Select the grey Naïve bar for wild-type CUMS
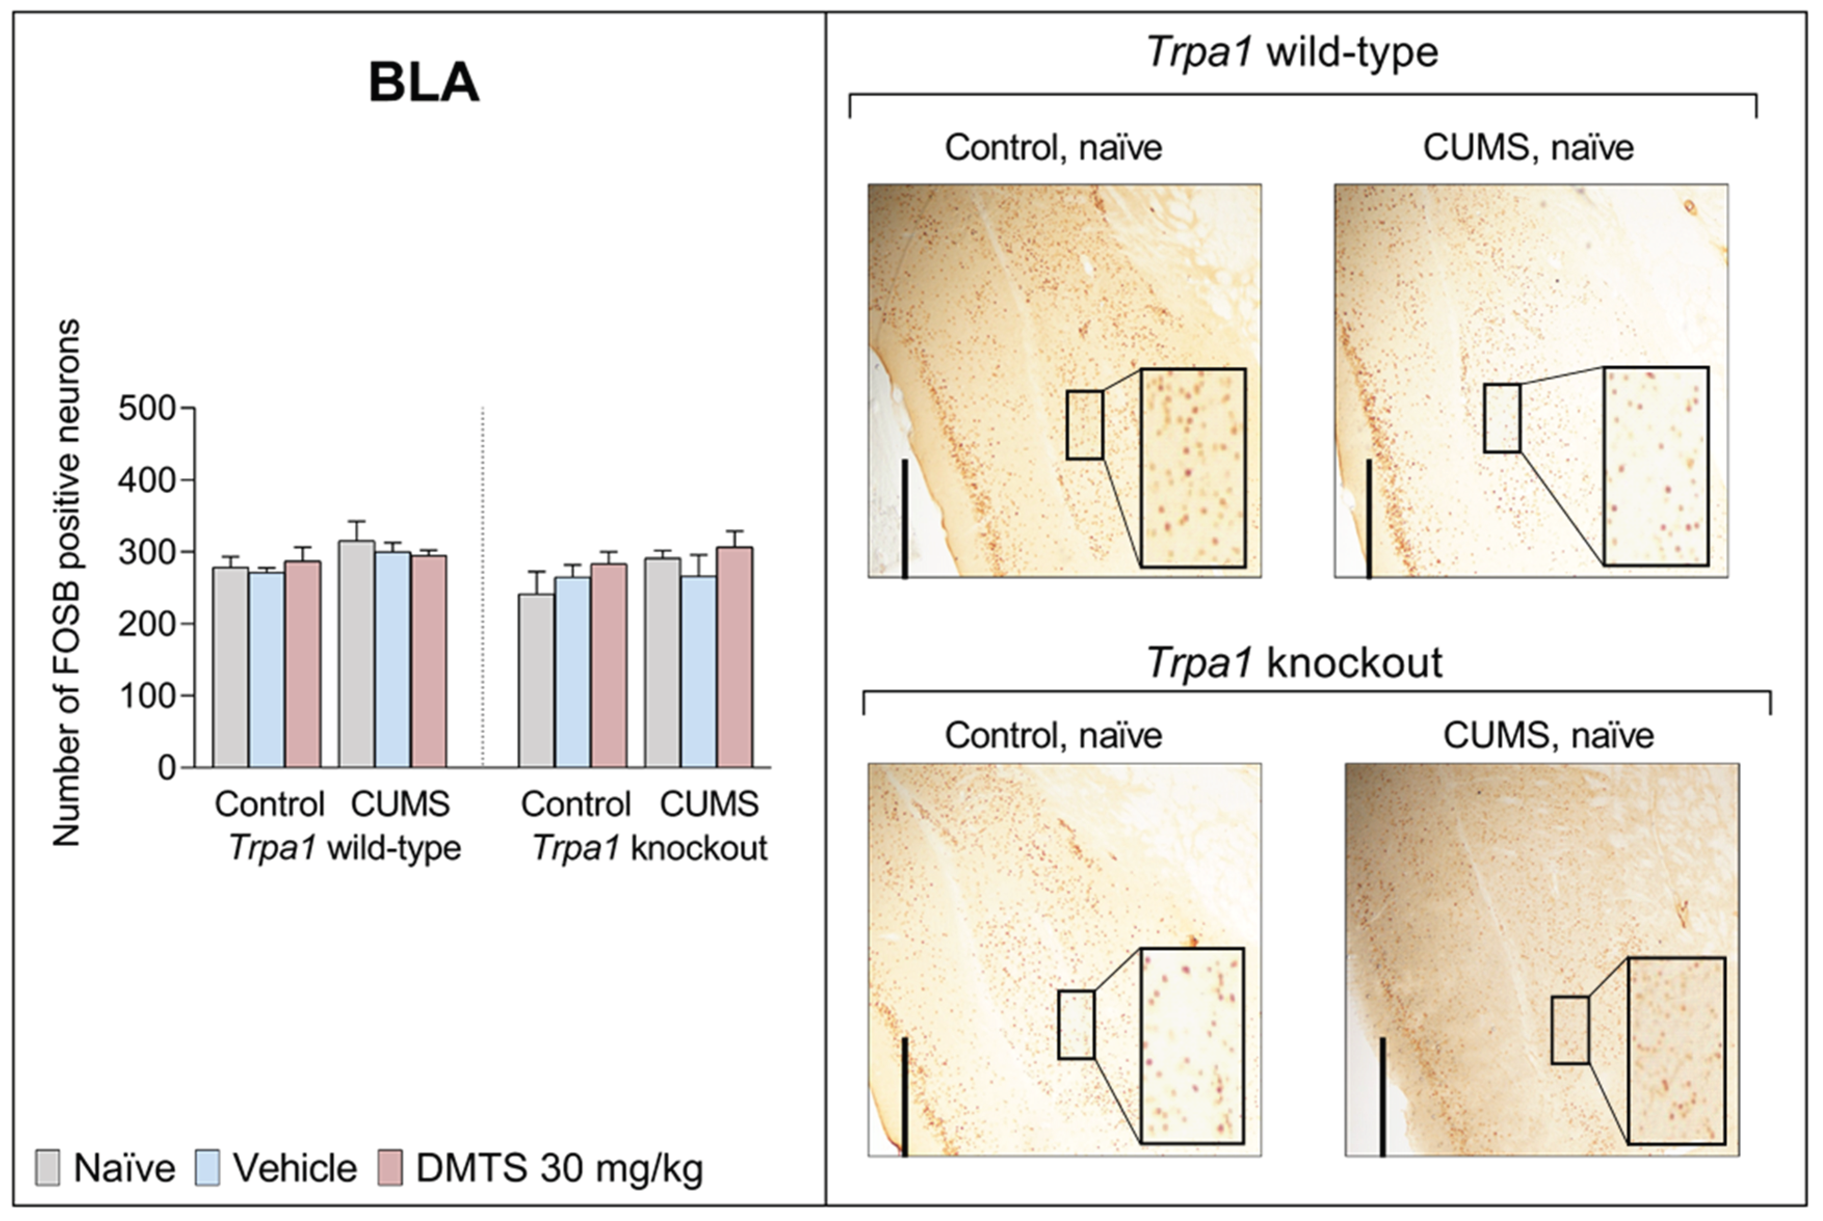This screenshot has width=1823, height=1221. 356,654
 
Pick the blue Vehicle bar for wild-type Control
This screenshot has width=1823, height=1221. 267,669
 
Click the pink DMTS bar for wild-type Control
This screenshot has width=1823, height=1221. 303,663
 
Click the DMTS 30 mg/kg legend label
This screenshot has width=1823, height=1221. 559,1168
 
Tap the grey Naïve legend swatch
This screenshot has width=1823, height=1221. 47,1168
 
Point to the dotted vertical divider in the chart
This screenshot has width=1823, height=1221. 483,584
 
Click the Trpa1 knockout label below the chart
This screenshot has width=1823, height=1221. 650,849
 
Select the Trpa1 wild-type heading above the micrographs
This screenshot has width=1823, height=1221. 1292,53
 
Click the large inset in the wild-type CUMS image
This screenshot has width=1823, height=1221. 1656,466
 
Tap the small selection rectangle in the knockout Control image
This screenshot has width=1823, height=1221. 1076,1024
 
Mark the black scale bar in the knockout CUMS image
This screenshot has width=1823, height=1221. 1382,1096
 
